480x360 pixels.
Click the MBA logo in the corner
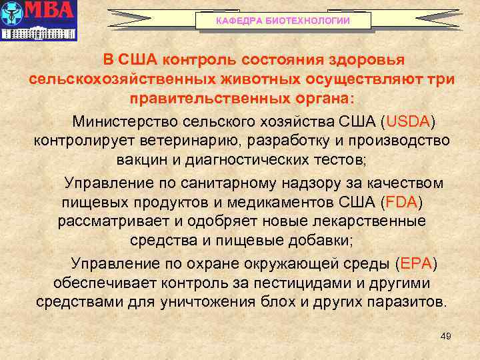pyautogui.click(x=39, y=21)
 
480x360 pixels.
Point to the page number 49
pyautogui.click(x=446, y=337)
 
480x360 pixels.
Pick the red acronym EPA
pyautogui.click(x=417, y=263)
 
